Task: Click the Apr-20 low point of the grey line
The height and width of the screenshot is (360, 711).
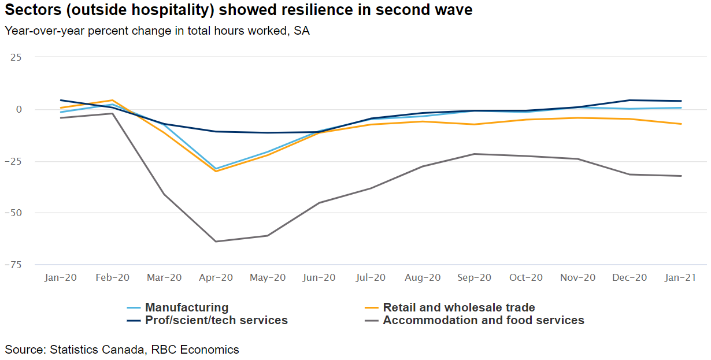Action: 216,242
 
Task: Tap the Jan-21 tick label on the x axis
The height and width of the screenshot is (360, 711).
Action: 680,277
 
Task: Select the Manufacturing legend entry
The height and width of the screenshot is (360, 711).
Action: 186,307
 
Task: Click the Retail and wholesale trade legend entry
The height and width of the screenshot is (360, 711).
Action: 458,307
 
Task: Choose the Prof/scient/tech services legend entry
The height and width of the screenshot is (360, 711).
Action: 216,320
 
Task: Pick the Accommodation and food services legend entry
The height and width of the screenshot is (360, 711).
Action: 483,320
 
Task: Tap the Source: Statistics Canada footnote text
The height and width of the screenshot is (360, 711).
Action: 122,350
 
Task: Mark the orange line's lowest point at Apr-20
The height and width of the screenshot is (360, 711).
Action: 216,171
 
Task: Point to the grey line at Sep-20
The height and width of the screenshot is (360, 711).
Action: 475,154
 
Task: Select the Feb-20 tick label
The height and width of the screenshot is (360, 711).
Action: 113,277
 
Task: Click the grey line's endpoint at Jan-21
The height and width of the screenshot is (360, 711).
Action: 681,176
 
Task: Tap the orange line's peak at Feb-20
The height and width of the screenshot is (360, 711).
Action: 113,100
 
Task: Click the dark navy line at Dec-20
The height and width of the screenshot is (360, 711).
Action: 629,100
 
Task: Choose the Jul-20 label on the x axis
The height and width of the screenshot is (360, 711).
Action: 371,277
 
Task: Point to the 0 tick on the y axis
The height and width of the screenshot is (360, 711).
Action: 18,110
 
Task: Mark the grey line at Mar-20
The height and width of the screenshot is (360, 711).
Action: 164,194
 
